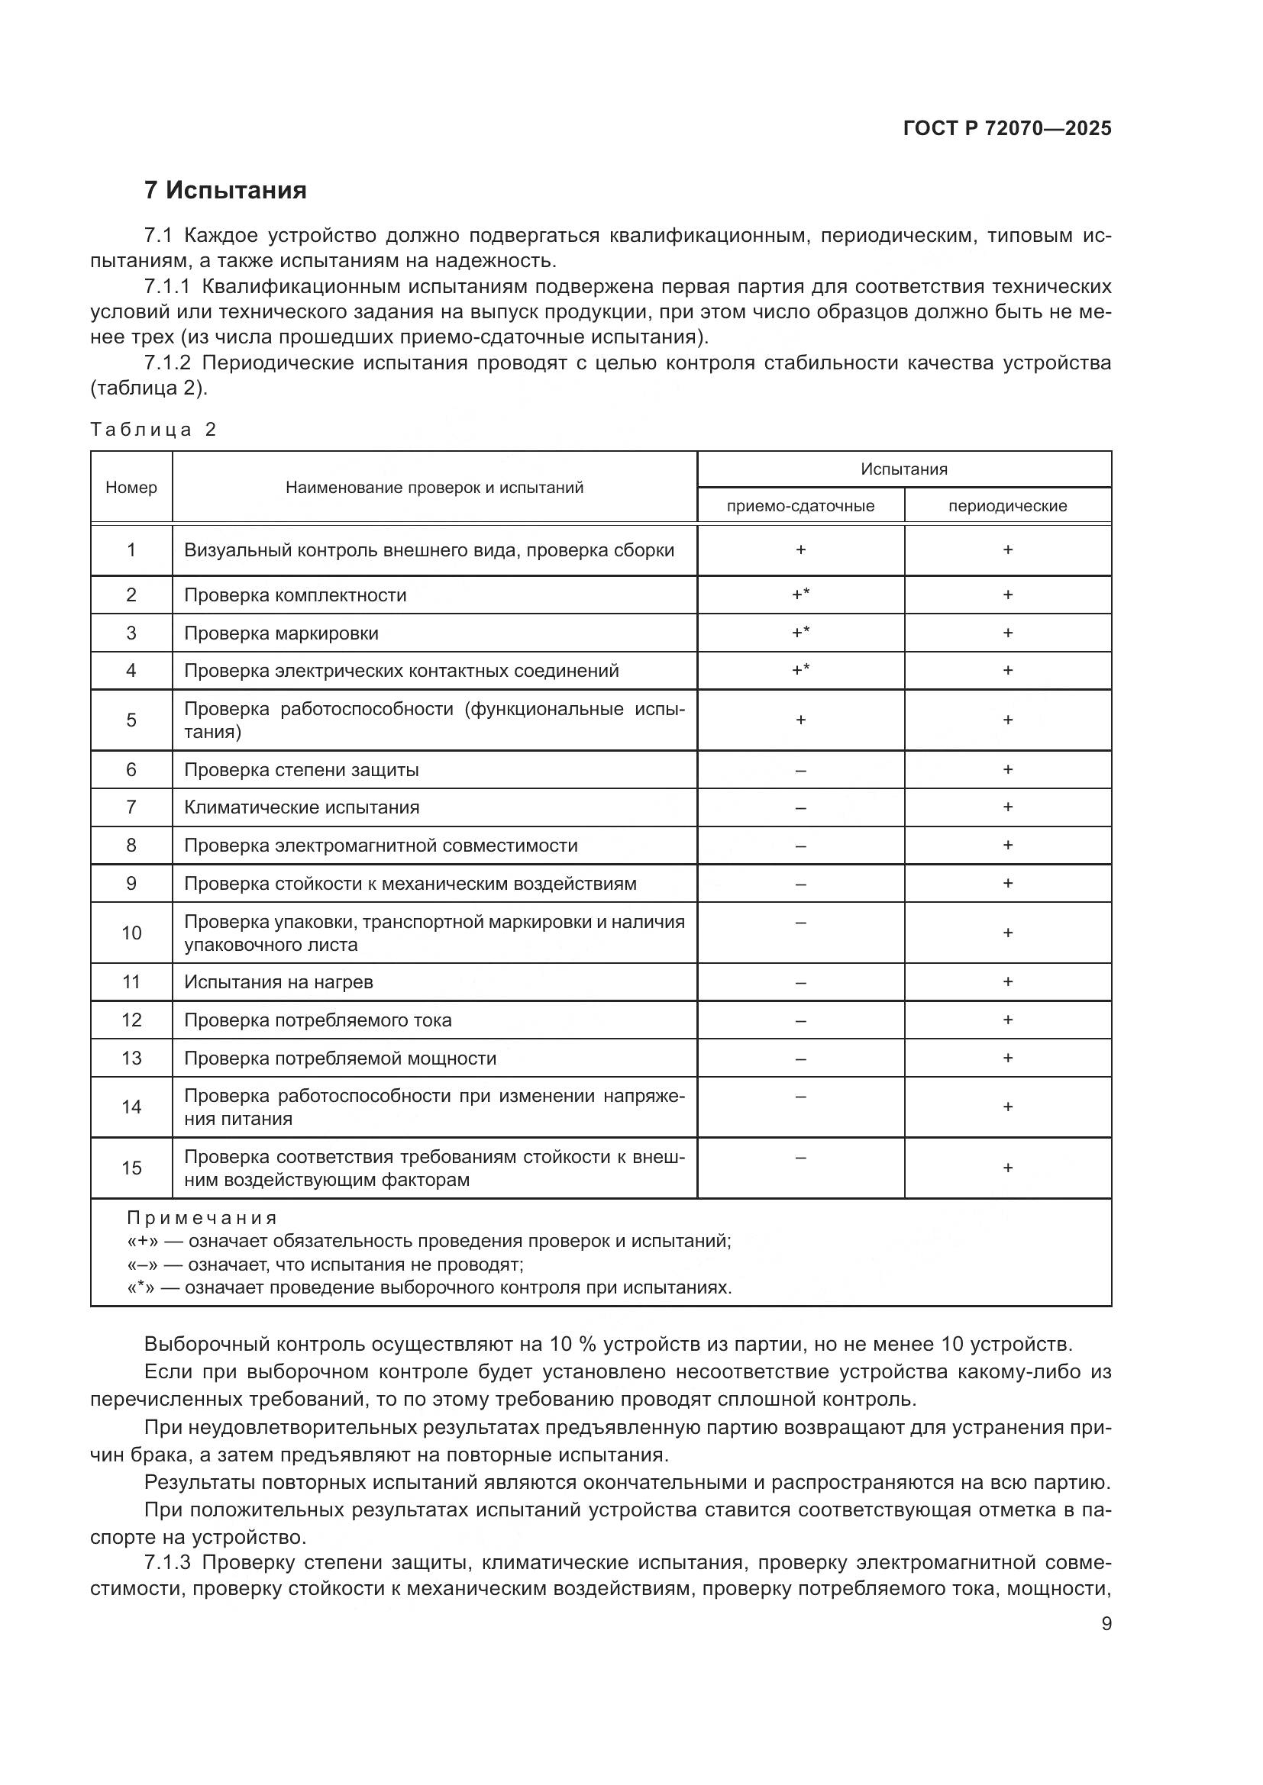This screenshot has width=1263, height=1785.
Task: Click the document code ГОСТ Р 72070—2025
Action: pyautogui.click(x=1006, y=128)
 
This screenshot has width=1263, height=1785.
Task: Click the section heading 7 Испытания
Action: pyautogui.click(x=224, y=190)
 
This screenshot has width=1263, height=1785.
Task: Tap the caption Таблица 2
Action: pyautogui.click(x=153, y=430)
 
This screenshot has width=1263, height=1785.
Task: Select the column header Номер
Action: pyautogui.click(x=131, y=488)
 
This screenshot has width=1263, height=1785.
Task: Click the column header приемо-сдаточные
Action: pyautogui.click(x=800, y=506)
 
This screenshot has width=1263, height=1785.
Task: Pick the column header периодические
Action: pyautogui.click(x=1007, y=506)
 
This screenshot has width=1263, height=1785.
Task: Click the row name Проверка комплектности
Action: pyautogui.click(x=295, y=595)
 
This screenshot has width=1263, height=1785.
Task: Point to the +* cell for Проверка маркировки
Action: pyautogui.click(x=800, y=633)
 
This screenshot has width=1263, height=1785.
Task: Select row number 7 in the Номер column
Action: pyautogui.click(x=131, y=807)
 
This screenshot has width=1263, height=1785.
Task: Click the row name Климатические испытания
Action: pyautogui.click(x=301, y=807)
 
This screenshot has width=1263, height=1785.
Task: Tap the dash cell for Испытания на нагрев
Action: pyautogui.click(x=800, y=983)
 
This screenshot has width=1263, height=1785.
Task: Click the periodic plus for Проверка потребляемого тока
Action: pyautogui.click(x=1007, y=1020)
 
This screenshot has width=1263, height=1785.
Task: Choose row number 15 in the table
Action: pyautogui.click(x=131, y=1168)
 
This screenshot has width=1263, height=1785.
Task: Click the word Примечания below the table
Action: pyautogui.click(x=202, y=1218)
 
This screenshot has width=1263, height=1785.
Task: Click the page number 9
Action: pyautogui.click(x=1106, y=1624)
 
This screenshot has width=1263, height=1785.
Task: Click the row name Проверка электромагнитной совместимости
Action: pyautogui.click(x=380, y=845)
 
